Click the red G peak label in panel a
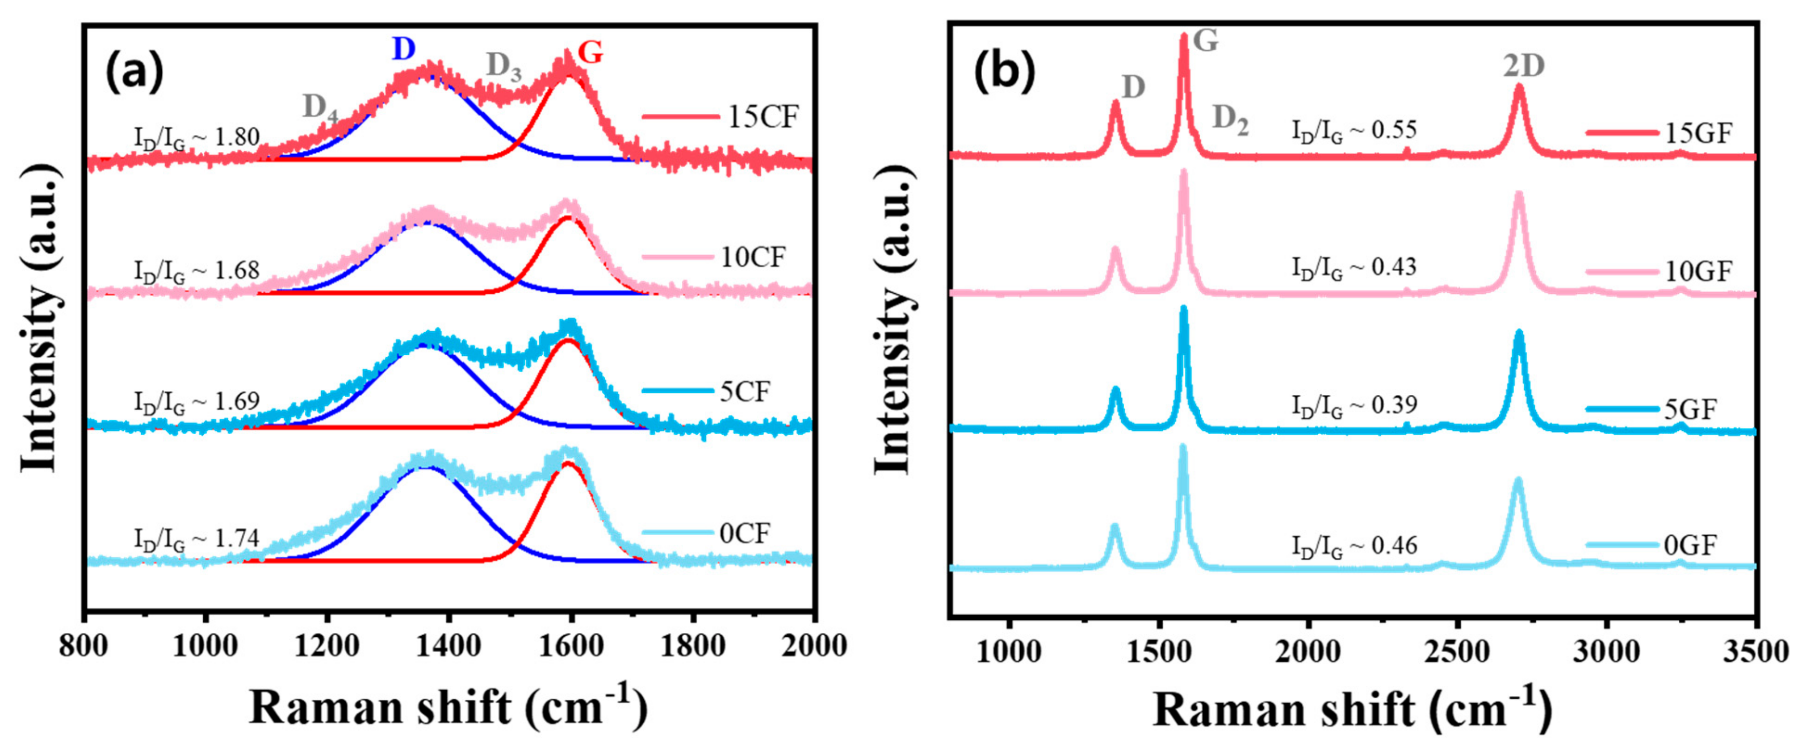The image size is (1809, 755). coord(590,52)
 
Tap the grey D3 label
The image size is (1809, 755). coord(504,67)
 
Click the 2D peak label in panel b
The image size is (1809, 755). coord(1524,66)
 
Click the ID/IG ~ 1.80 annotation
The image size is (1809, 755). coord(197,137)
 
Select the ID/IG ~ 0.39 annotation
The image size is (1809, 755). coord(1354,405)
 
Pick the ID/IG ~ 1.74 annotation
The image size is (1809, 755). coord(197,539)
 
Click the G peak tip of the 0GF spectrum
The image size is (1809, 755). coord(1182,447)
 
